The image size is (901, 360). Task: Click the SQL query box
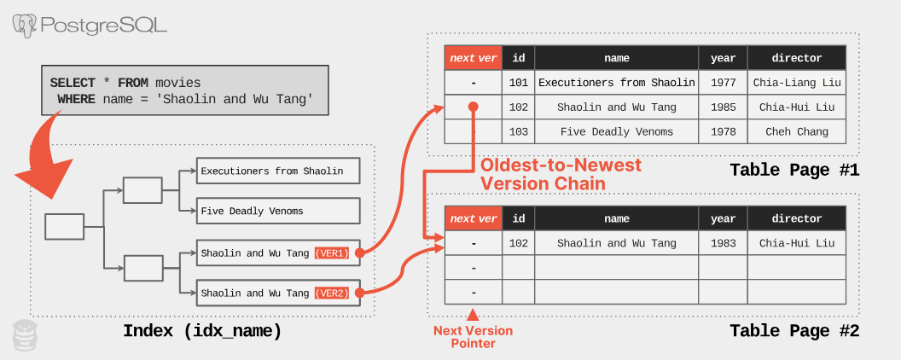click(x=184, y=91)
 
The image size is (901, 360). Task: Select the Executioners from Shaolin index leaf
click(x=278, y=171)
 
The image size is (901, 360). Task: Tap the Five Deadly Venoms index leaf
click(x=278, y=211)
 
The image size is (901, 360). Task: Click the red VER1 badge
click(x=332, y=253)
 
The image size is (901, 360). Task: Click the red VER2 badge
click(x=332, y=293)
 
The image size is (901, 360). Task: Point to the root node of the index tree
click(x=65, y=227)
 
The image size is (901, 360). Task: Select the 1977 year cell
click(x=723, y=83)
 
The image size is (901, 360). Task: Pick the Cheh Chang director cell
click(x=796, y=131)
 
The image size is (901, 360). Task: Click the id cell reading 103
click(x=518, y=131)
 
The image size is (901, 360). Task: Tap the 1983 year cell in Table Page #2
click(x=723, y=243)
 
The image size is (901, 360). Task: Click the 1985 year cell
click(x=723, y=107)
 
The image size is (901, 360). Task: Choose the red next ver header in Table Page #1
click(x=473, y=58)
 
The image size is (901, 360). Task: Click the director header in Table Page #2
click(x=796, y=218)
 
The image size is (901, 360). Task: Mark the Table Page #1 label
click(x=793, y=171)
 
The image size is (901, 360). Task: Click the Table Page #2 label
click(x=793, y=332)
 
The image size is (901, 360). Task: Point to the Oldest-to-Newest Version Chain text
click(x=560, y=174)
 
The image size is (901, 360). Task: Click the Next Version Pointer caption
click(x=473, y=337)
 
